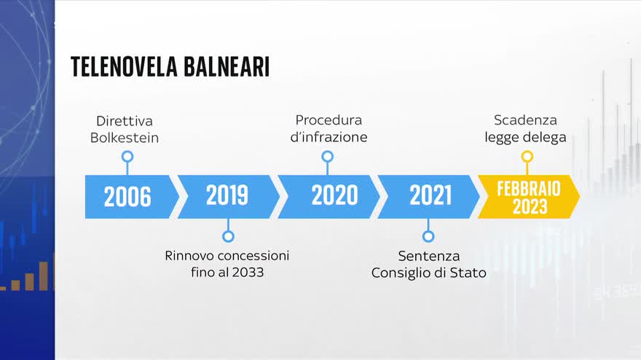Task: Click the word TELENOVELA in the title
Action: point(124,67)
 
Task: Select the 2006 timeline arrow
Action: point(132,197)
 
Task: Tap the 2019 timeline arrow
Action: point(229,197)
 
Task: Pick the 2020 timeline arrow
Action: point(329,197)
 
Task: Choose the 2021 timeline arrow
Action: point(428,197)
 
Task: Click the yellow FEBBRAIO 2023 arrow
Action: point(529,197)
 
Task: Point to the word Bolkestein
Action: point(125,138)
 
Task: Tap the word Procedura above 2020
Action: point(329,120)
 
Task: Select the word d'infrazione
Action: point(329,137)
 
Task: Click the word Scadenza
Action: point(525,120)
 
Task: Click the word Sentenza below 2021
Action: point(429,256)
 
